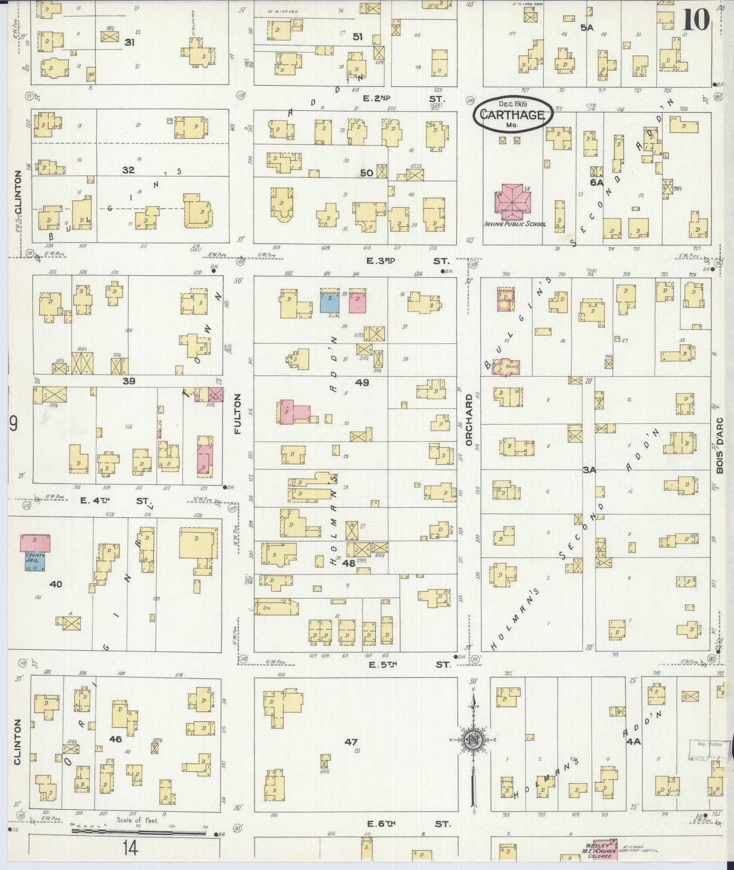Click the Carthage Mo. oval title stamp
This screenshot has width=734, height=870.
512,116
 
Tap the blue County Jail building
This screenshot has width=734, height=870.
35,561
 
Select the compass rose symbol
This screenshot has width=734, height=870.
473,741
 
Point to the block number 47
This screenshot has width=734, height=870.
351,742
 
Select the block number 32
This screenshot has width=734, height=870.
129,170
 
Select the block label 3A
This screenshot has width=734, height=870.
589,470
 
